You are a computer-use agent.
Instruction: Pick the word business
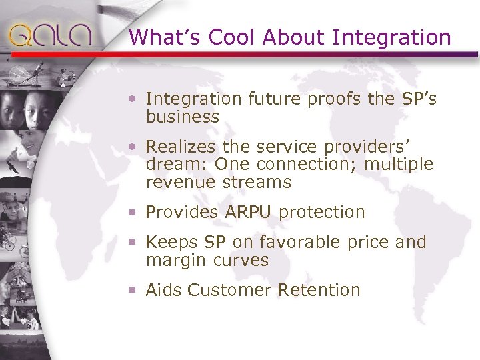[182, 117]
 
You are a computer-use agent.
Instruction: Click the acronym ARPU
[248, 212]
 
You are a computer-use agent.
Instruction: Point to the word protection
[322, 212]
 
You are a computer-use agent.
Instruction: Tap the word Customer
[229, 290]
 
